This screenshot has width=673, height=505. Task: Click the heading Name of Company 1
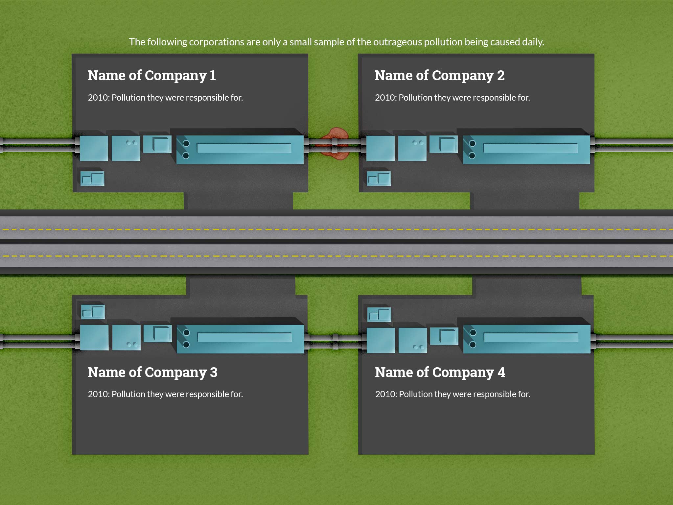coord(151,76)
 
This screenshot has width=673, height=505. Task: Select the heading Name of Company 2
coord(439,76)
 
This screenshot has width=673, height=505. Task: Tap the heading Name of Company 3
coord(152,373)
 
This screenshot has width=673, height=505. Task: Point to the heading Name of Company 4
coord(440,373)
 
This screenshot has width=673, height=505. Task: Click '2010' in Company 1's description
coord(98,98)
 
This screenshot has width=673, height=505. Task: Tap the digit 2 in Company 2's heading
coord(500,76)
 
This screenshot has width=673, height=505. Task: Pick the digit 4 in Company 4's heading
coord(501,373)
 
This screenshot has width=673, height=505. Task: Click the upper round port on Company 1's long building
coord(186,143)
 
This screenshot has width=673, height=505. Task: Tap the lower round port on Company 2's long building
coord(472,156)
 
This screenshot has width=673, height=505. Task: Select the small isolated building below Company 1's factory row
coord(92,179)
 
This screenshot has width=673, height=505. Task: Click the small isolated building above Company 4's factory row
coord(379,315)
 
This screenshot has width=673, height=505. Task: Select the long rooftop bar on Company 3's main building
coord(244,337)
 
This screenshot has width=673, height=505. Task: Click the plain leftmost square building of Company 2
coord(380,149)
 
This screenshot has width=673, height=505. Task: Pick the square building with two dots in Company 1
coord(126,149)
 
